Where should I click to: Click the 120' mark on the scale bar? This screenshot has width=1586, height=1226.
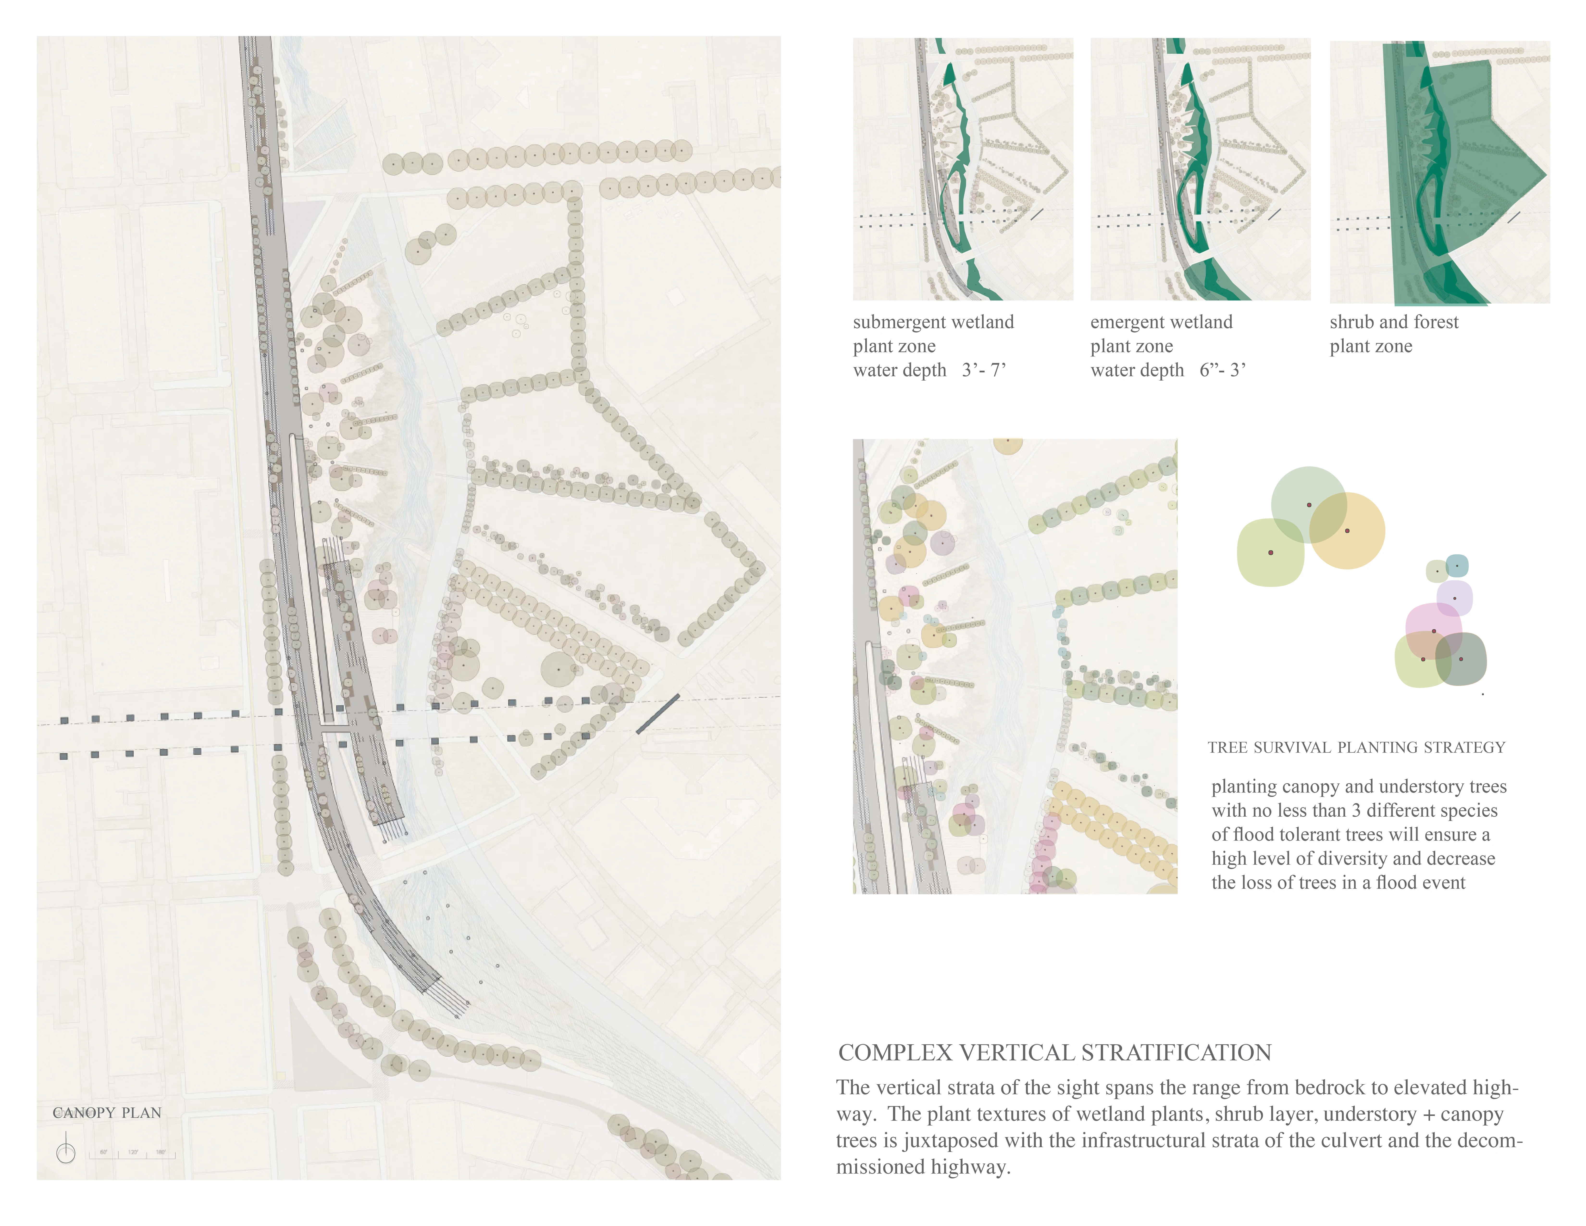pos(133,1152)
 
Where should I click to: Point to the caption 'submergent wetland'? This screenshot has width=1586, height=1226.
pos(933,322)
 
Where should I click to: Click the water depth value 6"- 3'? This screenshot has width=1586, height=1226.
pos(1223,370)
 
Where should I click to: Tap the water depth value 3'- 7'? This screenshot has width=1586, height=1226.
pos(984,370)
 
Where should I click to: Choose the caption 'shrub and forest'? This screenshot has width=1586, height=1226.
pos(1394,322)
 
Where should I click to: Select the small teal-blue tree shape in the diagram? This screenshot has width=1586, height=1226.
pos(1457,565)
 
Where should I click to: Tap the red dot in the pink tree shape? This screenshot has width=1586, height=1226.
pos(1433,631)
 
